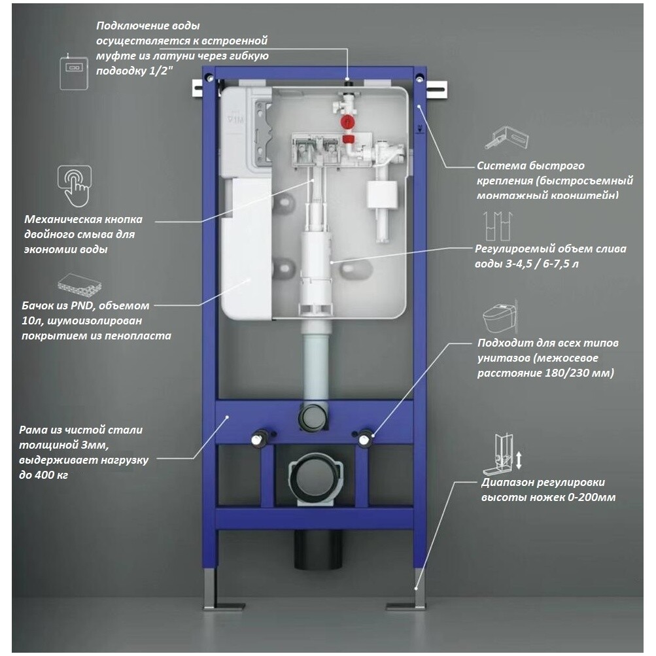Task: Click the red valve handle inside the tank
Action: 347,123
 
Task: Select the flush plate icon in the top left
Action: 73,72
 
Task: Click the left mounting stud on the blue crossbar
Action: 260,438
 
